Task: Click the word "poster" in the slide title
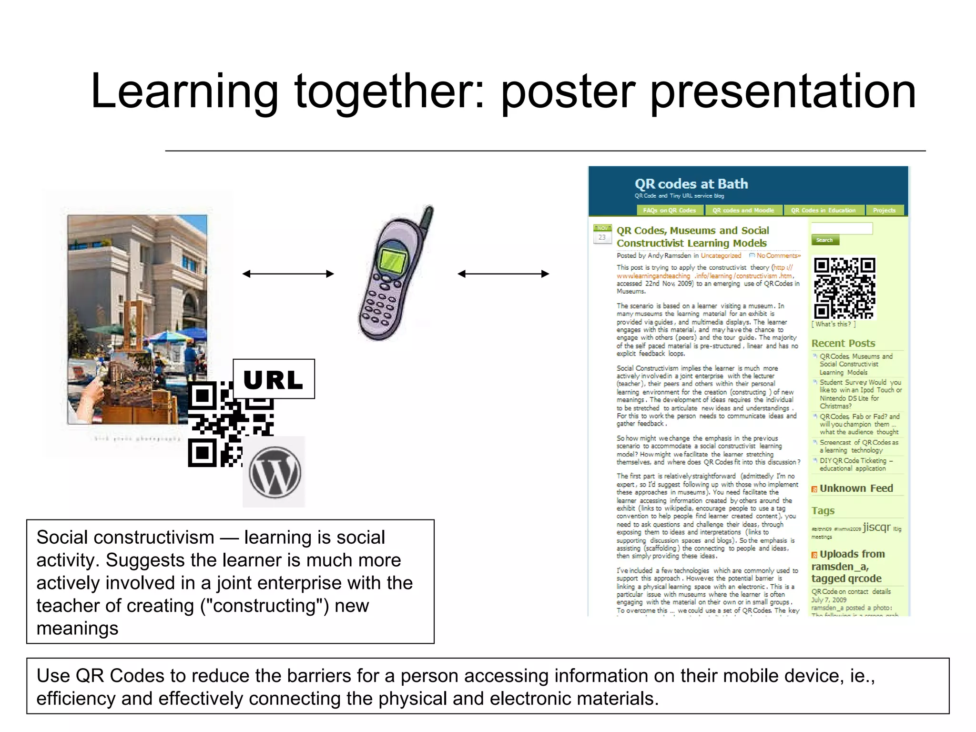568,91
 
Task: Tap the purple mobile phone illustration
393,276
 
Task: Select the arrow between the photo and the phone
288,274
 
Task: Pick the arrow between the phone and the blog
503,274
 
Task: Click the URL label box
274,379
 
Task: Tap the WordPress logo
274,472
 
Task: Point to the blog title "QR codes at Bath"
691,184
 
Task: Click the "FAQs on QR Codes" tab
669,210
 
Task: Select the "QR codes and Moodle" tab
743,210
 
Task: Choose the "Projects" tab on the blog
884,210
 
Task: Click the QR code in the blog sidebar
844,288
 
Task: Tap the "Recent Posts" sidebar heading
843,343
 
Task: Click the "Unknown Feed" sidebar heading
856,488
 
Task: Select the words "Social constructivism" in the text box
125,538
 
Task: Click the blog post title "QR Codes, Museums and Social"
692,231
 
